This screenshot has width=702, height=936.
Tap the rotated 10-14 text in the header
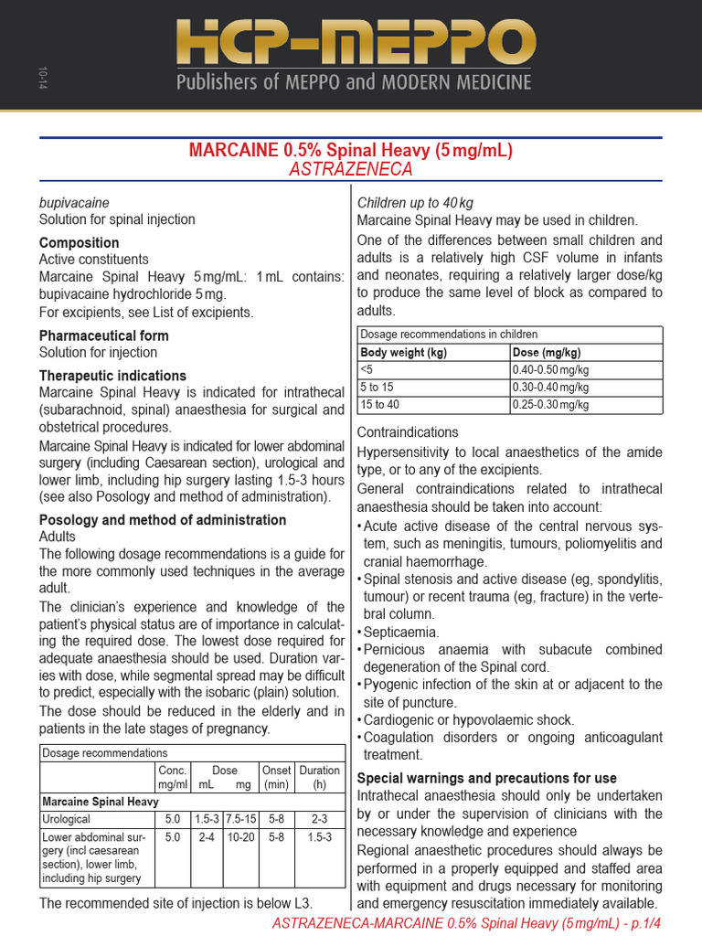[43, 79]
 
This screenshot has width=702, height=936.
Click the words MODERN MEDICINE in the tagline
[454, 83]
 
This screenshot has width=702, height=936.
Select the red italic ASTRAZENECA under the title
[351, 170]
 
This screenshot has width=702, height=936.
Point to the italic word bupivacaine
[74, 202]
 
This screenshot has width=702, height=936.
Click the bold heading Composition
[79, 243]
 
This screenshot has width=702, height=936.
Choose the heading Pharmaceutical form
[103, 335]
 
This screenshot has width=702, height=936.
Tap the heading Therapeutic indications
[112, 376]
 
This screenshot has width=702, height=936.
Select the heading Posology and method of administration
[163, 520]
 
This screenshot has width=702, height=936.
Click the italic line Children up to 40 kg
[415, 202]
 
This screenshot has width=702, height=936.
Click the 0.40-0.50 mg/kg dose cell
[551, 369]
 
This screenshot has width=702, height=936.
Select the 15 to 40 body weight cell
[381, 404]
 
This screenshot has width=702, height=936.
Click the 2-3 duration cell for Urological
[320, 819]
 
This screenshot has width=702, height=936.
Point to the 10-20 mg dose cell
[241, 836]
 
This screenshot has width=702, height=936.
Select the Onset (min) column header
[276, 777]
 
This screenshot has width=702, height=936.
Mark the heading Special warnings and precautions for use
[486, 778]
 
